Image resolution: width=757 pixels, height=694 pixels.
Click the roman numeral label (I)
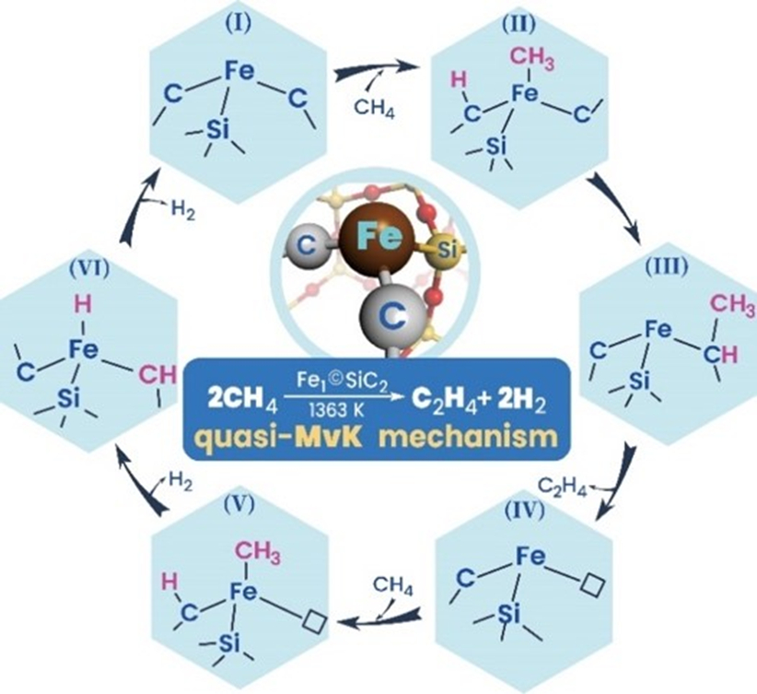(239, 24)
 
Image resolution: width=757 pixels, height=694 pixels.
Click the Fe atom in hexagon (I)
(240, 72)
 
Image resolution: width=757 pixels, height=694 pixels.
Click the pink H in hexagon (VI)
(84, 305)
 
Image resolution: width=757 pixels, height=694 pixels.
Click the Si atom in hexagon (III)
(639, 382)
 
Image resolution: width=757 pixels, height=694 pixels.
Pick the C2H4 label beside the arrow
(563, 486)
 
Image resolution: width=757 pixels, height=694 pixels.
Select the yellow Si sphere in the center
(444, 251)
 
